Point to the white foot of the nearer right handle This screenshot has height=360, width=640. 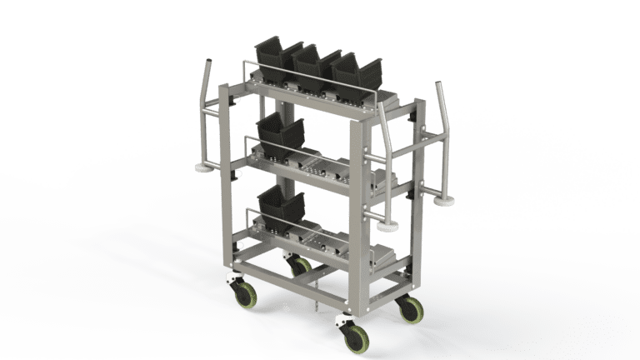coord(384,226)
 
